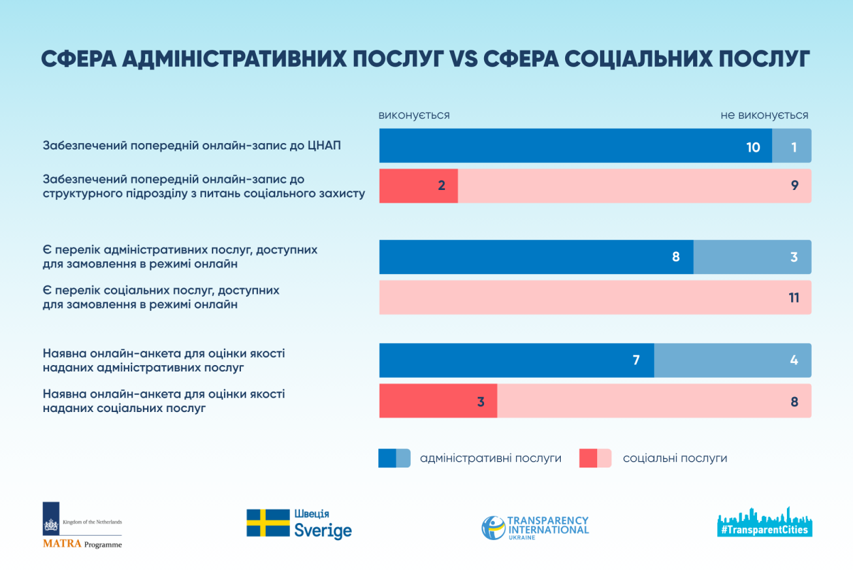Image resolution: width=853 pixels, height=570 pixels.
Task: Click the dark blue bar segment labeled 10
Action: (x=575, y=146)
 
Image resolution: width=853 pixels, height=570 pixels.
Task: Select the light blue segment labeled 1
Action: (x=792, y=146)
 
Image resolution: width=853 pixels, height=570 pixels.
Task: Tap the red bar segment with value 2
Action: (x=418, y=186)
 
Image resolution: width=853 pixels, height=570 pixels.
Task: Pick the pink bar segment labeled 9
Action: (x=634, y=186)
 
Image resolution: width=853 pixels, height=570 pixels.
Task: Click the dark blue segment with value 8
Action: (x=536, y=257)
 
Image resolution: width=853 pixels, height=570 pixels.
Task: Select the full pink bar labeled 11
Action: (x=595, y=297)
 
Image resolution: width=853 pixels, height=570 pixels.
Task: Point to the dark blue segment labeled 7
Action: (x=516, y=360)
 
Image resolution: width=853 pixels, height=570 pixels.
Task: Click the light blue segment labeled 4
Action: (x=732, y=360)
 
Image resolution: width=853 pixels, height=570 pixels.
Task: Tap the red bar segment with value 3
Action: (x=438, y=401)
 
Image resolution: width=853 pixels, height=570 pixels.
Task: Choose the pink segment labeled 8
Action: (x=654, y=401)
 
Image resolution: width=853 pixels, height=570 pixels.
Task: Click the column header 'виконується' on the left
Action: (x=414, y=115)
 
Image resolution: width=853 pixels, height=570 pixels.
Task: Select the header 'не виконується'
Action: (x=764, y=115)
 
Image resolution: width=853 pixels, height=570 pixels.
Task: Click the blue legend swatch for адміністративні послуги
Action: (x=395, y=458)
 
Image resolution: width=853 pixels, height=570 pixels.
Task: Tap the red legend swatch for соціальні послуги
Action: (x=596, y=458)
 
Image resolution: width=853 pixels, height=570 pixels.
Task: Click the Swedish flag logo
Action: (x=268, y=523)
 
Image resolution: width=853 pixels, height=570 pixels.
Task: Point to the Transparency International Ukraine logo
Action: (x=535, y=527)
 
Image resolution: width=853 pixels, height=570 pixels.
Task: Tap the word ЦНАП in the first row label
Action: (x=325, y=146)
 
